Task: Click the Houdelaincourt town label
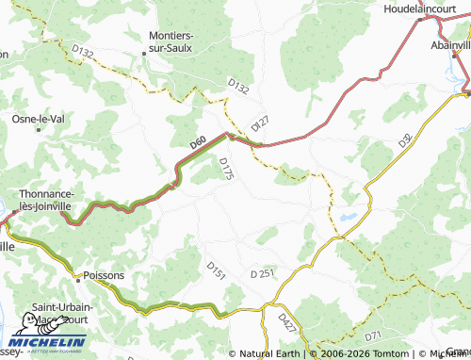point(427,8)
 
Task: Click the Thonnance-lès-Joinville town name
point(58,200)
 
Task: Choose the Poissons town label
point(104,276)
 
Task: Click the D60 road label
point(198,143)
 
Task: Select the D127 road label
point(260,123)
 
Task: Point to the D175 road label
point(225,168)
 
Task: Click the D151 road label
point(216,270)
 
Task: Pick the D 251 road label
point(262,273)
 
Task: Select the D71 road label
point(373,335)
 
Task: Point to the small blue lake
point(349,216)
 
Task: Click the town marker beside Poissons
point(77,276)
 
